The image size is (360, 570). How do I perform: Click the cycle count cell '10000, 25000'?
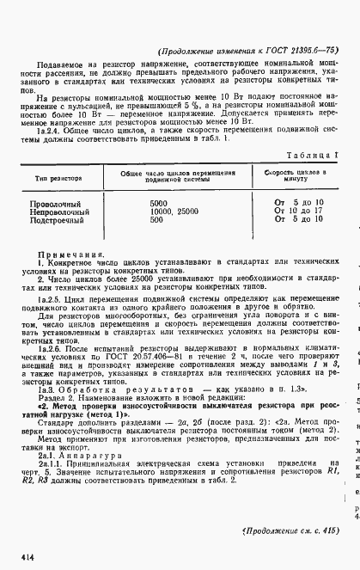click(180, 211)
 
